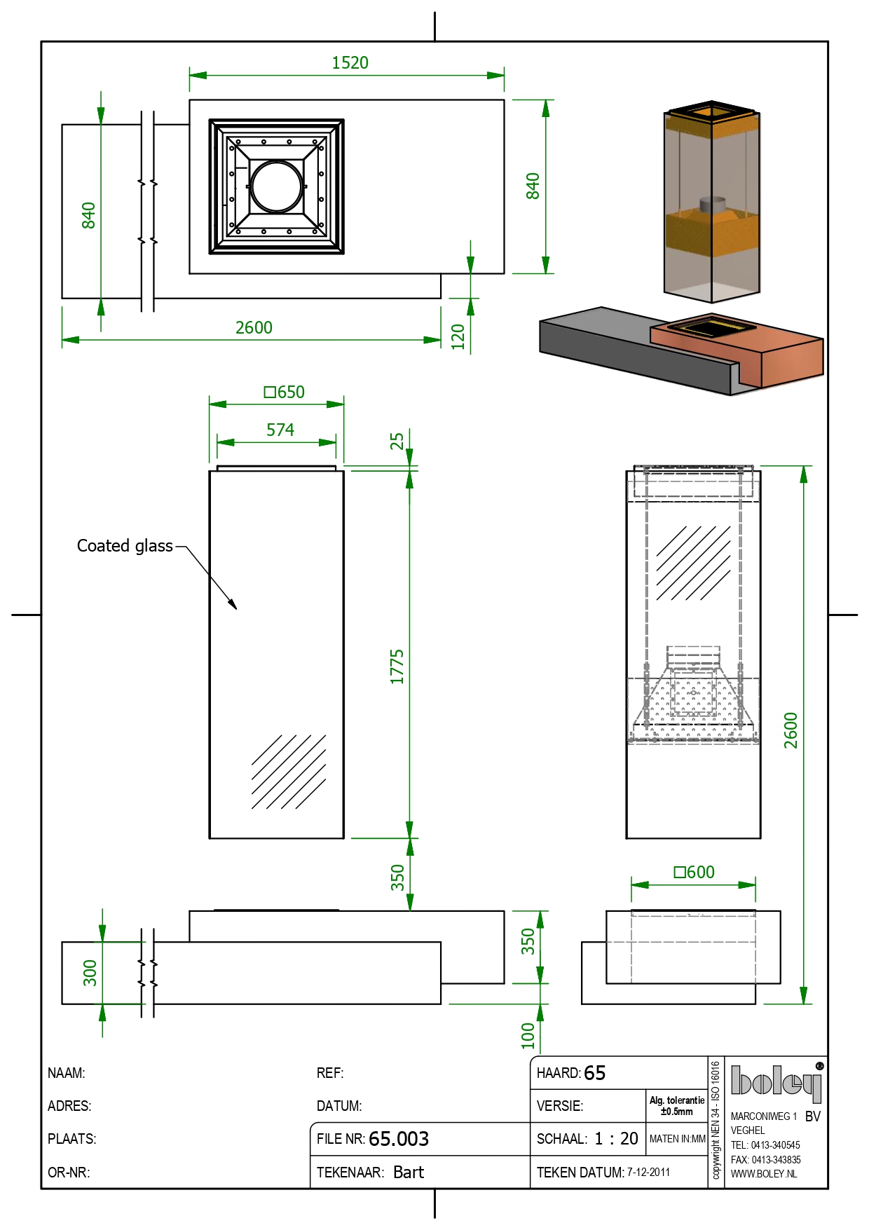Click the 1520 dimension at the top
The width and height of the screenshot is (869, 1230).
[350, 63]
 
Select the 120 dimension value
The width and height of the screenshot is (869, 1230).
[458, 336]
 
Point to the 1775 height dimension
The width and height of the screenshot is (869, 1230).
[397, 666]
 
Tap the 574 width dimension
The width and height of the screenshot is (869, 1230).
[280, 430]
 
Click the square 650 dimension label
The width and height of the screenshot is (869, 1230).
[285, 392]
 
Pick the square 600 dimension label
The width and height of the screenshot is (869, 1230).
[694, 872]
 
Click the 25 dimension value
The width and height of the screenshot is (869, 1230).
[397, 441]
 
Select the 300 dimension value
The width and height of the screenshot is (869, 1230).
[90, 973]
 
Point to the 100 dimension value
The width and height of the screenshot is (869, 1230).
[528, 1035]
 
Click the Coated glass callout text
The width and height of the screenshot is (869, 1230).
[125, 546]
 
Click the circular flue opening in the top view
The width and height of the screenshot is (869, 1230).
[277, 186]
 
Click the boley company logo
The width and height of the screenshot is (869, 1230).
[776, 1083]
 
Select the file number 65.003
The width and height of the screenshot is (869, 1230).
[398, 1139]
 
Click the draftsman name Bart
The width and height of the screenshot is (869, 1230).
[409, 1173]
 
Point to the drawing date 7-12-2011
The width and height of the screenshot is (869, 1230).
[648, 1173]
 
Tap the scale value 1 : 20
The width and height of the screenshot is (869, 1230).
[616, 1139]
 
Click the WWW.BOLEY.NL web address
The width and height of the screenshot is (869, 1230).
[764, 1174]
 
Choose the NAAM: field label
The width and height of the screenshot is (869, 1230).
[67, 1073]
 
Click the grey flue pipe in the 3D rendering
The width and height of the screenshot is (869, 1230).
[713, 205]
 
